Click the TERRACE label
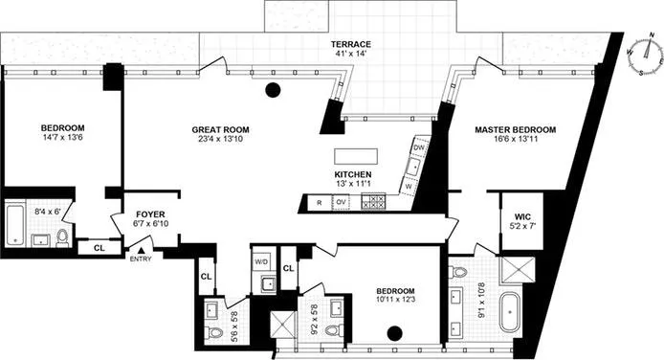click(x=351, y=45)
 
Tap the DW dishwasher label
click(x=419, y=147)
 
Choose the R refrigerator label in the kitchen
click(x=317, y=202)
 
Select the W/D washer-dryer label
click(x=261, y=261)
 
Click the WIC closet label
click(x=522, y=216)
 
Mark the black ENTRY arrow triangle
click(x=140, y=250)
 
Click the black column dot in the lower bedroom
click(x=393, y=334)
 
